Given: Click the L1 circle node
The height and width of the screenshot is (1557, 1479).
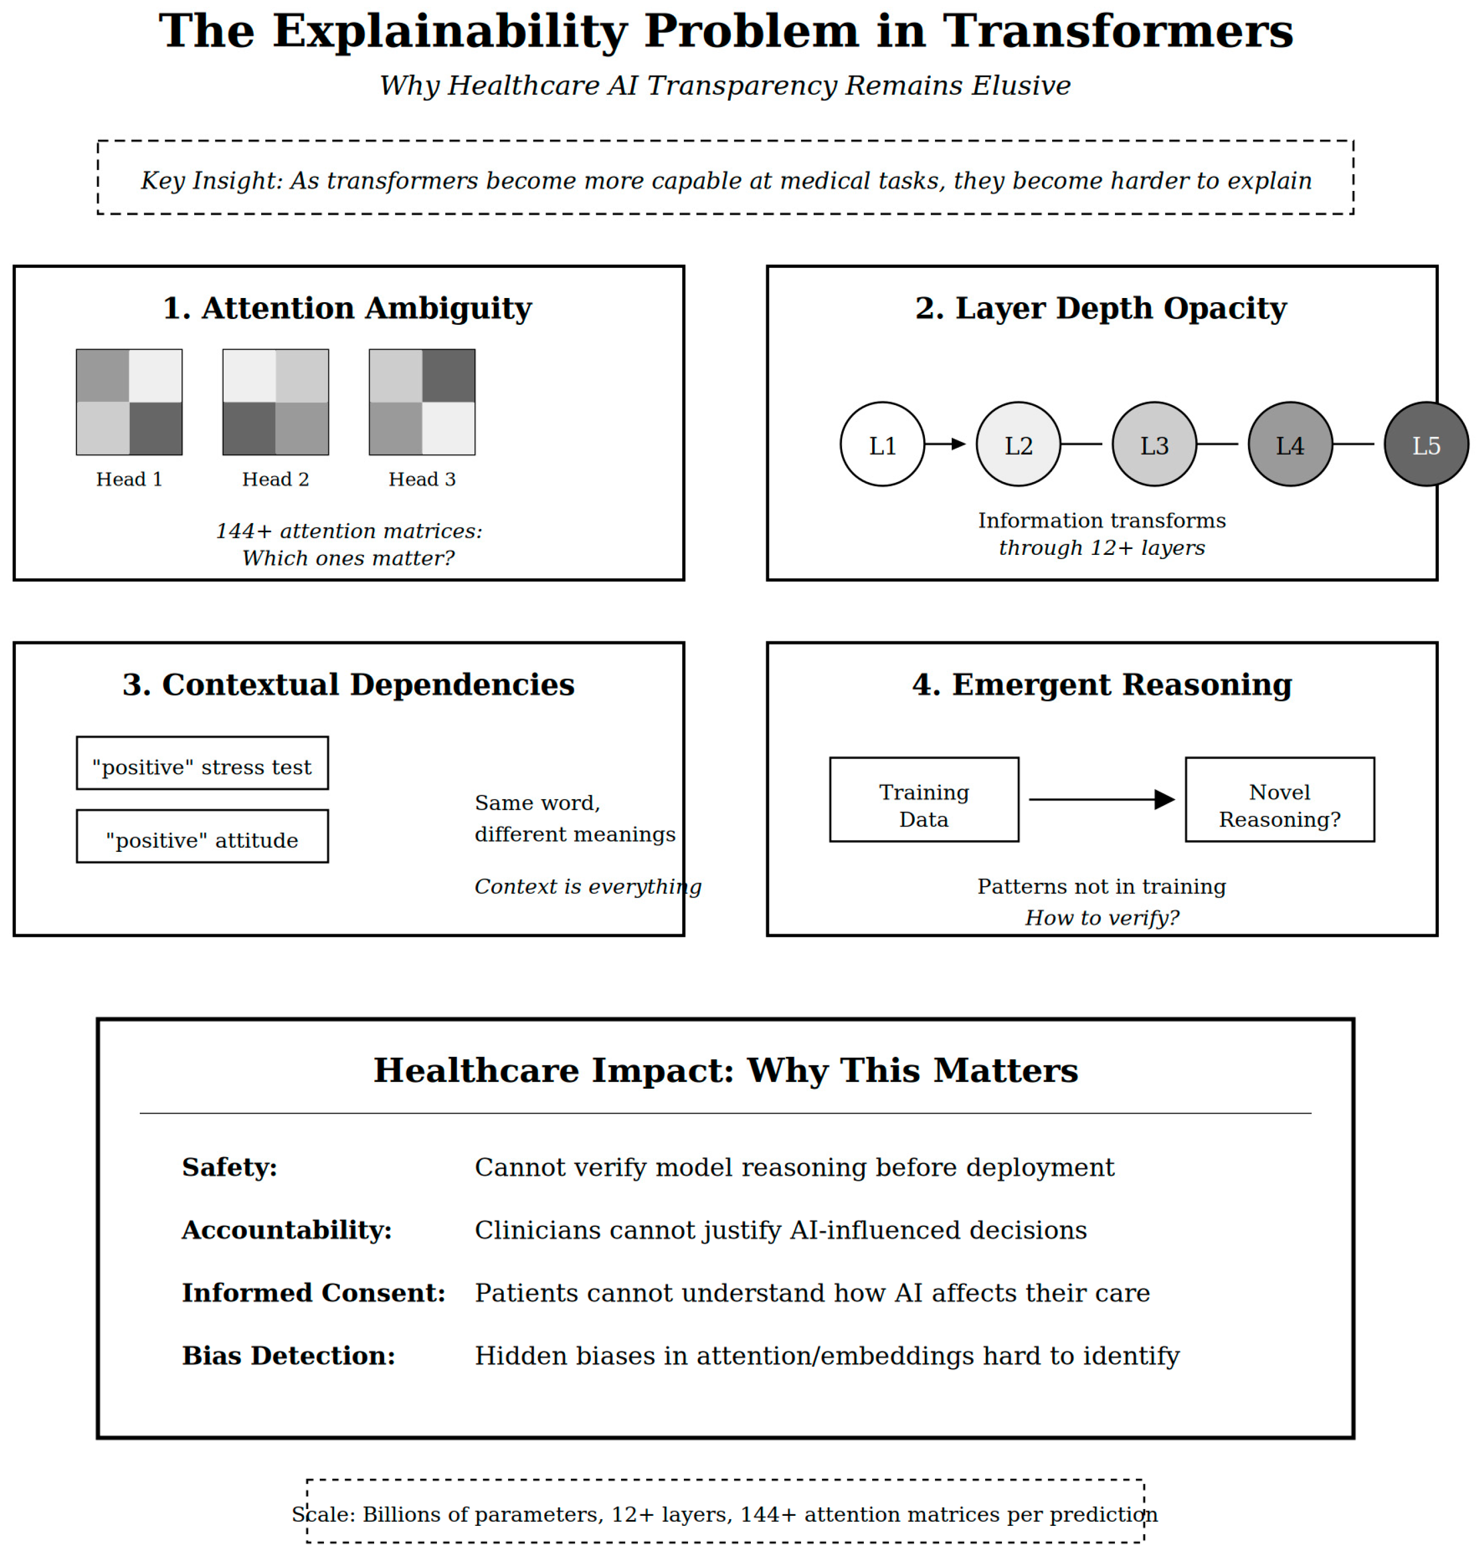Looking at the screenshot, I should (882, 445).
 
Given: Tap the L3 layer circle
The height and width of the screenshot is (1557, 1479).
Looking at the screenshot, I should (1154, 445).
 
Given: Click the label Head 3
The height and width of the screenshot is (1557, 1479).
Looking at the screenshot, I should (422, 479).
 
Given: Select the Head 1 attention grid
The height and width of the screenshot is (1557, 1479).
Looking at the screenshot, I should (129, 402).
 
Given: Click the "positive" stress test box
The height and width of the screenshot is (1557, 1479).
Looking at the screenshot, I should (202, 763).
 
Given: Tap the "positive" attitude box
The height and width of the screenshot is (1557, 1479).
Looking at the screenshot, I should (202, 836).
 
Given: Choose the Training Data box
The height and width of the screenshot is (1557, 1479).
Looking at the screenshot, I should (924, 800).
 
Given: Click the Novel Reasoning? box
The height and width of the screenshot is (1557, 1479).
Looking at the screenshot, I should (1280, 800).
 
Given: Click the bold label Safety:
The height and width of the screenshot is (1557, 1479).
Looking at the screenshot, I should (230, 1167).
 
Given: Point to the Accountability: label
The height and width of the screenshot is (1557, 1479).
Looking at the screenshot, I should (287, 1230).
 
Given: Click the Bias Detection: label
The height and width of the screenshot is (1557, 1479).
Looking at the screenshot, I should (289, 1356).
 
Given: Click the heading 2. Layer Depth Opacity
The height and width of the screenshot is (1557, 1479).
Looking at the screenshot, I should (1101, 308).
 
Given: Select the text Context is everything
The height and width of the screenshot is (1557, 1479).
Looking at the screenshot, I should (587, 887).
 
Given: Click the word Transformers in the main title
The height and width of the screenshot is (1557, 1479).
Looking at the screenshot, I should (1118, 32).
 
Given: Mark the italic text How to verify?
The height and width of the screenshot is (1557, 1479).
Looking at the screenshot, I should (1101, 918).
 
